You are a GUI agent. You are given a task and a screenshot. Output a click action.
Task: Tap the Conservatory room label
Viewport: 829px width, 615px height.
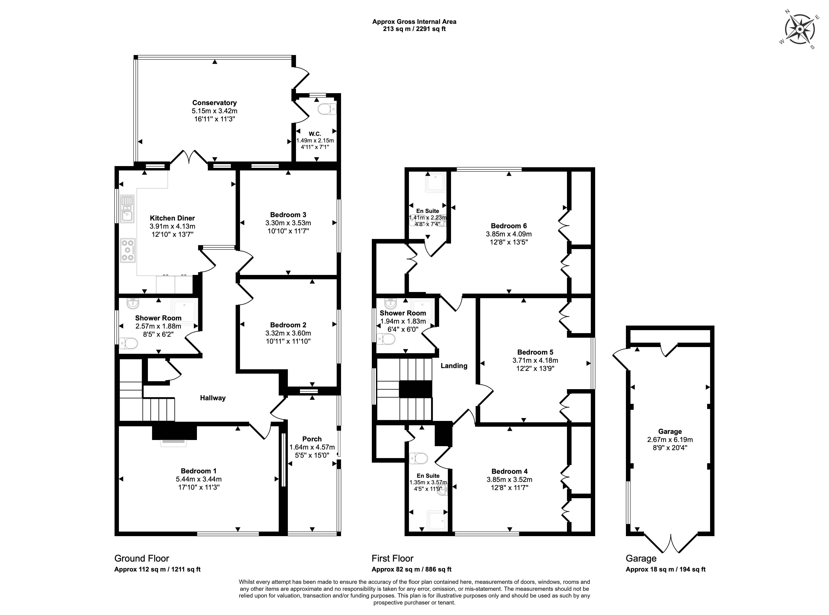(x=214, y=103)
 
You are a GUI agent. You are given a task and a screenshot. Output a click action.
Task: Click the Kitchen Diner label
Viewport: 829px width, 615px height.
(x=172, y=218)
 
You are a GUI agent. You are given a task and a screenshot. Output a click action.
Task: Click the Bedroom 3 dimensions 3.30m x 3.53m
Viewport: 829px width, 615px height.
(x=288, y=223)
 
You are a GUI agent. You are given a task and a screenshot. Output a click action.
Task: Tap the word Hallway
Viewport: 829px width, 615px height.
(x=213, y=398)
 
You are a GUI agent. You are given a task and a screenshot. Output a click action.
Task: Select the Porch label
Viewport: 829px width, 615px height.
(x=312, y=439)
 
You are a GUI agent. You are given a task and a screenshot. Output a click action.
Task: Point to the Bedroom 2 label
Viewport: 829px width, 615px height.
(x=288, y=325)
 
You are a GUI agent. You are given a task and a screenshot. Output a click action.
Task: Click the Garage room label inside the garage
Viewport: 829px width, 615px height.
(x=670, y=431)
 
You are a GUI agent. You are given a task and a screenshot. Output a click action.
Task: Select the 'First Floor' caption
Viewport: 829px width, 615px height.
(x=392, y=558)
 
